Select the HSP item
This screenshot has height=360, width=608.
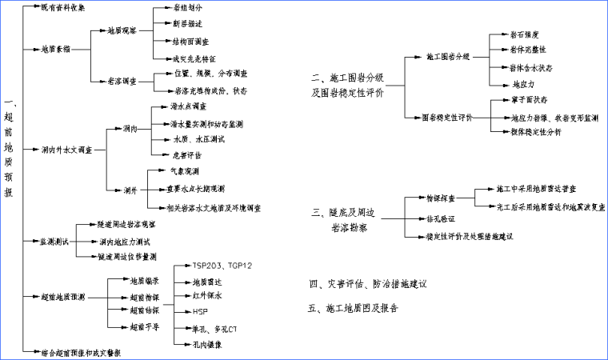coord(200,311)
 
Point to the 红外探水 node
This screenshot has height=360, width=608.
coord(207,296)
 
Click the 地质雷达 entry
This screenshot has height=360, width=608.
coord(207,282)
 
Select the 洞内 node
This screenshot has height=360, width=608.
coord(130,128)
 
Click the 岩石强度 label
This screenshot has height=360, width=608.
coord(524,35)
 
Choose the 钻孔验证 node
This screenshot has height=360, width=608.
coord(439,218)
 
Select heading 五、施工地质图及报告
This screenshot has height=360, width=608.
coord(353,308)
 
